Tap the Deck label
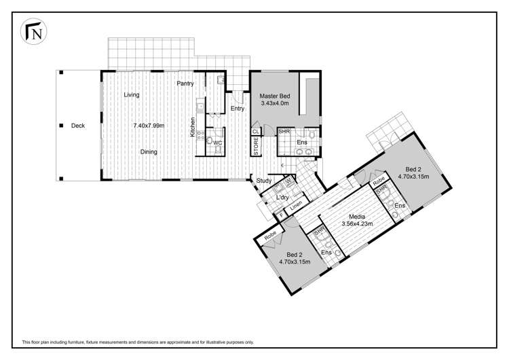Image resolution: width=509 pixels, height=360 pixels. [77, 126]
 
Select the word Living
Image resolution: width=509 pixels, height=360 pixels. [132, 95]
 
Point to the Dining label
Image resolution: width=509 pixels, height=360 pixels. [150, 152]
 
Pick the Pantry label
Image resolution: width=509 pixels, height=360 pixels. [185, 84]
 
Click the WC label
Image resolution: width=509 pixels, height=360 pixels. [218, 143]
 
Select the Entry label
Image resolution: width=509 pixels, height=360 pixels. [237, 109]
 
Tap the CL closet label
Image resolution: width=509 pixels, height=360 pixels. [255, 132]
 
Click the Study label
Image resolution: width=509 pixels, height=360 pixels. [265, 181]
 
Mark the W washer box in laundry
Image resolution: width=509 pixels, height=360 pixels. [288, 181]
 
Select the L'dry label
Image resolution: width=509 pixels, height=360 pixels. [283, 197]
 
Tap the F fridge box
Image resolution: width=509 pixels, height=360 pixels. [280, 215]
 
